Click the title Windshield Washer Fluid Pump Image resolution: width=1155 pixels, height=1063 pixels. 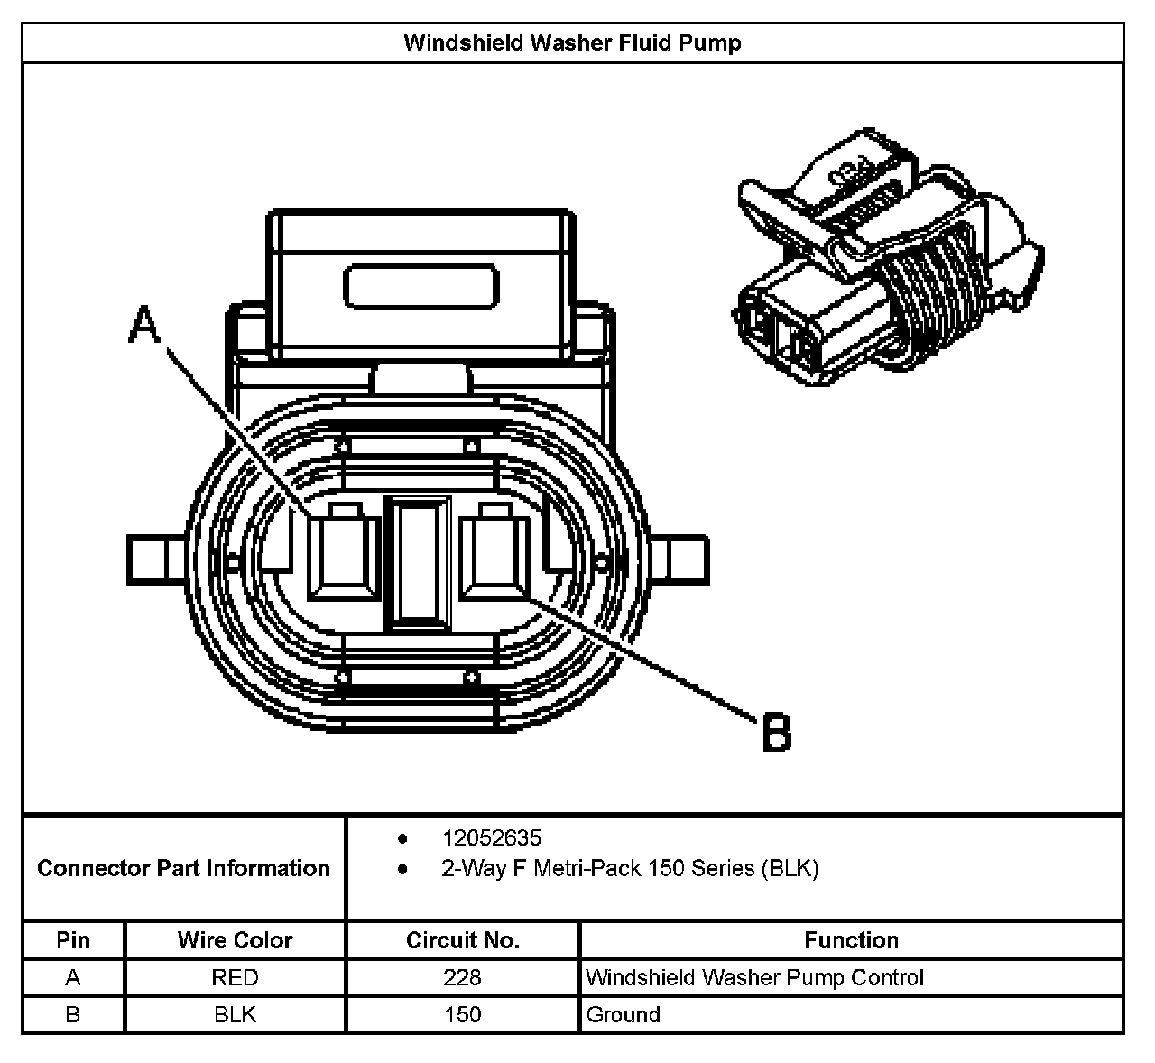(x=572, y=42)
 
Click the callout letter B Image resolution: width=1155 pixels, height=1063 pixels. (x=777, y=732)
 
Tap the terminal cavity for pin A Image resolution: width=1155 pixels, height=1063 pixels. (x=343, y=556)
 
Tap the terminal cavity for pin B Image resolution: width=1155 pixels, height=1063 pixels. (x=494, y=556)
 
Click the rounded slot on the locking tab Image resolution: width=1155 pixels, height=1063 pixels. (x=421, y=286)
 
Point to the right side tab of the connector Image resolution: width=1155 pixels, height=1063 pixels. (x=682, y=560)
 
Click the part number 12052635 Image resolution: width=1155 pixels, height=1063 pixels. (x=492, y=838)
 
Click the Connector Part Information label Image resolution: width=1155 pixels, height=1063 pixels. (x=184, y=868)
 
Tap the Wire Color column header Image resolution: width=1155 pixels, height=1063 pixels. (x=235, y=940)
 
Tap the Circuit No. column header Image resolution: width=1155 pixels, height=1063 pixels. (x=462, y=940)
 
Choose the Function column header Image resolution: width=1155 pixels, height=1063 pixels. (x=851, y=940)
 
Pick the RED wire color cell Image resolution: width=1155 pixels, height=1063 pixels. (x=235, y=977)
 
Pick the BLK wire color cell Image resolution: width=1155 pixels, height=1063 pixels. (x=235, y=1014)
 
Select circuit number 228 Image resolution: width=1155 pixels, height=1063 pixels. (x=462, y=977)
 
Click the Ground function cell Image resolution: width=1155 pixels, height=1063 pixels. (x=623, y=1014)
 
